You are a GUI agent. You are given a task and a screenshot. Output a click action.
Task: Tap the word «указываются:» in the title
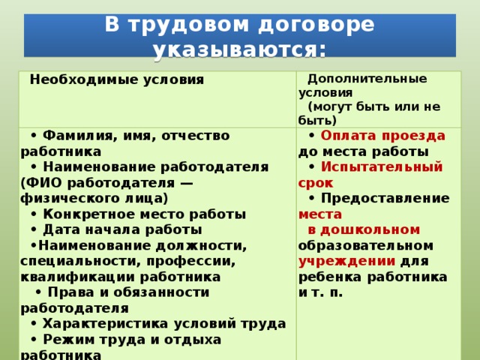point(240,50)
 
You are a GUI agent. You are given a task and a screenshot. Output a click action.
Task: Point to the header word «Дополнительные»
point(367,79)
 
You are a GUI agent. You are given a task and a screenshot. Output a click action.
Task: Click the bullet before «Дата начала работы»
point(34,230)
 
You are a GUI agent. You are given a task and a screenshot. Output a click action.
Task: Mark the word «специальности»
point(80,262)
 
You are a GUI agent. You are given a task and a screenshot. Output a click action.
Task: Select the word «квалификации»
point(77,277)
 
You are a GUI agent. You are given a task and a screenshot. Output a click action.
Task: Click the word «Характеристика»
point(106,324)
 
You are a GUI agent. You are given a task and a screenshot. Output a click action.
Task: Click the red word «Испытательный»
point(382,167)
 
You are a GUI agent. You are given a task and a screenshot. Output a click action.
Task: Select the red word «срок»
point(316,183)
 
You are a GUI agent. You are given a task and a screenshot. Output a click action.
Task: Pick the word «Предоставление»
point(385,198)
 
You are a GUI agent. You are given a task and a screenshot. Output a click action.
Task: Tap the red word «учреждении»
point(346,262)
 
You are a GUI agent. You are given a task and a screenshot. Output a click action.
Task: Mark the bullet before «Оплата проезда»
point(312,136)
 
